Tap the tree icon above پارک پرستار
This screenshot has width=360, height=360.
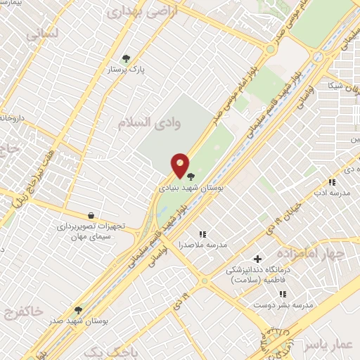[126, 58]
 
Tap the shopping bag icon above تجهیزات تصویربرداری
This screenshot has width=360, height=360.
[91, 215]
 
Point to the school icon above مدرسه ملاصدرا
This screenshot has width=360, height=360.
[202, 234]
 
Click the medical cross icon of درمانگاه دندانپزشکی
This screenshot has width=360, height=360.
[257, 259]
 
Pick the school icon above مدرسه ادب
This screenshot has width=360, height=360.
[331, 182]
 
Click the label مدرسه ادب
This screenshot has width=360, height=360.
[330, 193]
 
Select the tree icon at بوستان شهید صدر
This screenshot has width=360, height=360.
[77, 309]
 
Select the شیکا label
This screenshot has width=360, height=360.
[330, 86]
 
